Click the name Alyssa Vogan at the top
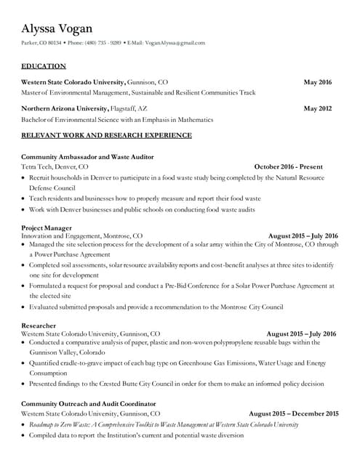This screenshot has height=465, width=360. (x=57, y=28)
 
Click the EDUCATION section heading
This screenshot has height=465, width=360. (x=43, y=66)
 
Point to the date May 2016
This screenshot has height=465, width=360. (x=317, y=82)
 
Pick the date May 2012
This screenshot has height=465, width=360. (x=317, y=108)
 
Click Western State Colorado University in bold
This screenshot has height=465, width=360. (x=73, y=82)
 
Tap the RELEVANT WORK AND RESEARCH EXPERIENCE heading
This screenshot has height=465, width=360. (x=106, y=135)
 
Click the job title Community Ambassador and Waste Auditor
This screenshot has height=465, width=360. (x=87, y=157)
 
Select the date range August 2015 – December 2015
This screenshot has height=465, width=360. (x=293, y=413)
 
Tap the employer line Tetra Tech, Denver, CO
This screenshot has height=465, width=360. (x=55, y=166)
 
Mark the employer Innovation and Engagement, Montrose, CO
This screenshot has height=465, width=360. (x=81, y=235)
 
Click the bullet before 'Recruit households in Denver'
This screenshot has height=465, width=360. (x=24, y=177)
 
